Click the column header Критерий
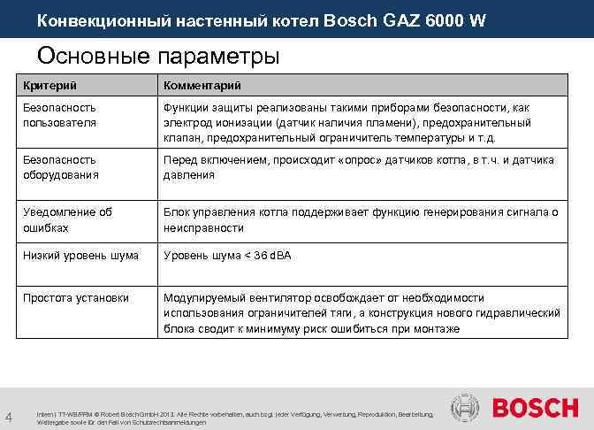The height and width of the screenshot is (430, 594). pos(49,85)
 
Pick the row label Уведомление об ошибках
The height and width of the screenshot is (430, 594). pos(67,219)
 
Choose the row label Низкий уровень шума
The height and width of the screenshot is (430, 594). pos(80,256)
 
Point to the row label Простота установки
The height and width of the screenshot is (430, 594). pos(76,298)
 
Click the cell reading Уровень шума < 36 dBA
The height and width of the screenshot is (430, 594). pos(227,256)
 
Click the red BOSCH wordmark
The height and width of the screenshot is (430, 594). pos(534,408)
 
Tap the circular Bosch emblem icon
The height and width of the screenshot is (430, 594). pos(466,408)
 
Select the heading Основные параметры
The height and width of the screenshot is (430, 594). pos(158,56)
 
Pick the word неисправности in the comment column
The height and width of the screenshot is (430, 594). pos(203,227)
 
